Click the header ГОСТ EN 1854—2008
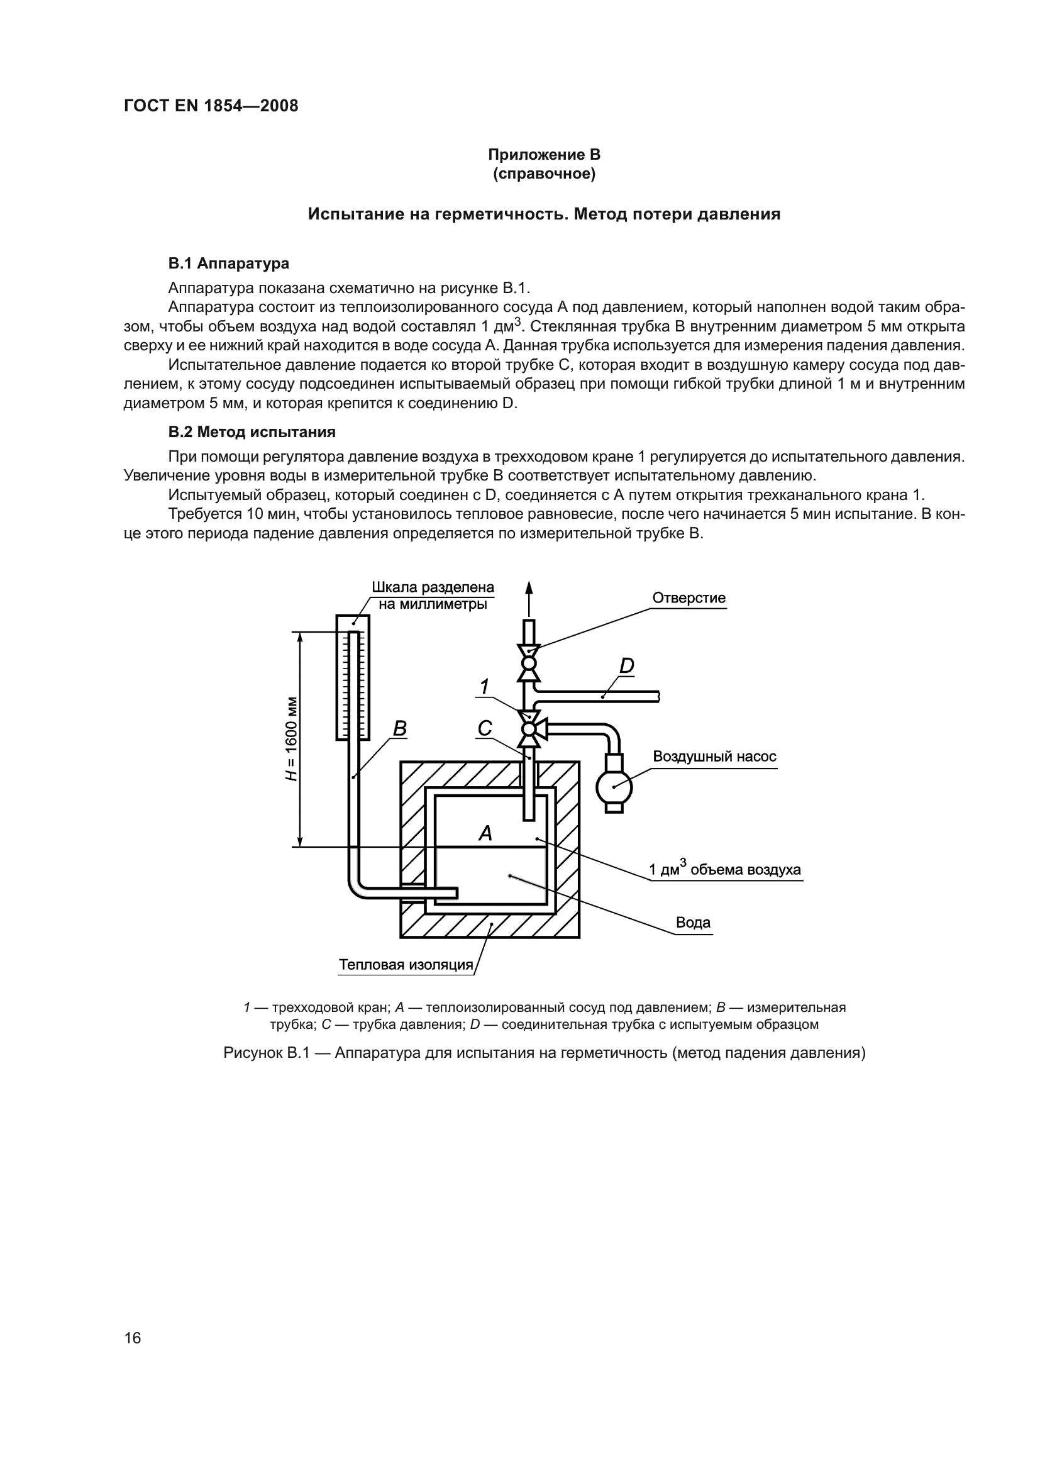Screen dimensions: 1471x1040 coord(211,106)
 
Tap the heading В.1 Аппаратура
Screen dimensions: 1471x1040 coord(228,264)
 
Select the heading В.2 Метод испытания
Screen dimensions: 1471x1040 coord(252,432)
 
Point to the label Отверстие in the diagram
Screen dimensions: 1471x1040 coord(689,597)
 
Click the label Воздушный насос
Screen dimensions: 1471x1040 coord(714,757)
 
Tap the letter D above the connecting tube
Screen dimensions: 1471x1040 coord(626,666)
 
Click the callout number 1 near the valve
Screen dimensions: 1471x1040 coord(485,687)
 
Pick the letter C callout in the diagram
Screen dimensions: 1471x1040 coord(485,728)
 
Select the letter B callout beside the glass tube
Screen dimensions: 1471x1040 coord(400,728)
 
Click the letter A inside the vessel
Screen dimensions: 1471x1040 coord(485,833)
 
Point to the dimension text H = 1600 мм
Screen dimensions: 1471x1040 coord(292,738)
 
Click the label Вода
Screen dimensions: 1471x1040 coord(693,923)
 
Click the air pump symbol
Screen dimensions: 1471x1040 coord(614,787)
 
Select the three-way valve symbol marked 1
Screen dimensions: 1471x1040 coord(529,729)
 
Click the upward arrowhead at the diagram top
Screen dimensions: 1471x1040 coord(529,588)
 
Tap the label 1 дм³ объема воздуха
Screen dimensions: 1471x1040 coord(724,869)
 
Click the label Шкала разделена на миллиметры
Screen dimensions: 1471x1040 coord(433,596)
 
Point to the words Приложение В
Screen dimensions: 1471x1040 coord(544,155)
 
